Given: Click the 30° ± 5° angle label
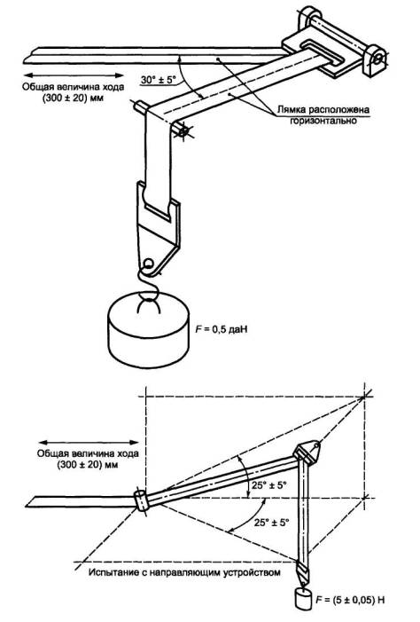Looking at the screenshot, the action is (x=158, y=79).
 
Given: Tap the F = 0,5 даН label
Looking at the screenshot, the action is (x=222, y=328).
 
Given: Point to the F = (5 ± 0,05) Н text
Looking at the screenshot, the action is (x=350, y=600).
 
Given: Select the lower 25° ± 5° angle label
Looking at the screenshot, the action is (x=272, y=522).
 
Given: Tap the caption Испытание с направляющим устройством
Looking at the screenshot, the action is (x=184, y=572).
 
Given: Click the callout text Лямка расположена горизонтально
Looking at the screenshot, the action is (x=323, y=114).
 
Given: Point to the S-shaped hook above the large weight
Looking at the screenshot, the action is (x=149, y=284).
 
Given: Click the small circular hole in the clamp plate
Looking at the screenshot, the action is (x=148, y=263).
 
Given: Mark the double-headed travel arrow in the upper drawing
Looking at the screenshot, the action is (x=74, y=75).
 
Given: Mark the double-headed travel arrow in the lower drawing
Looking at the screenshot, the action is (x=89, y=443).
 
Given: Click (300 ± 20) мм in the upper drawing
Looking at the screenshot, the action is (x=74, y=98).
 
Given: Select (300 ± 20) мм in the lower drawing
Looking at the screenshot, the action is (x=88, y=464).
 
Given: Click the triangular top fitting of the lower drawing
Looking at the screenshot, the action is (x=307, y=453).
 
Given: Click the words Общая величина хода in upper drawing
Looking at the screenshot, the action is (x=74, y=86).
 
